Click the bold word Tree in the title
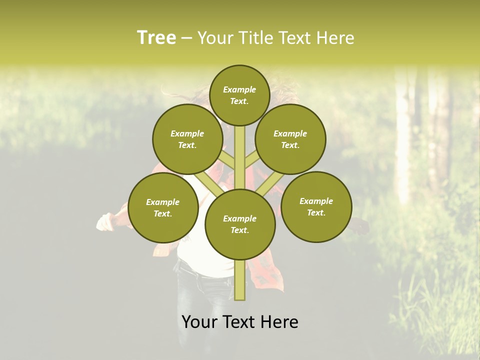click(x=156, y=38)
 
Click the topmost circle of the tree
click(x=239, y=95)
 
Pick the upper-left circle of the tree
click(x=187, y=139)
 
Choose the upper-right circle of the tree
click(x=290, y=139)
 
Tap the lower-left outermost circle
click(x=163, y=207)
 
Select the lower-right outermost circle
click(x=316, y=206)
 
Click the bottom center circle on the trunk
click(x=240, y=224)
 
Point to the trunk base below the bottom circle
click(x=240, y=280)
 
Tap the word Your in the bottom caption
click(x=199, y=322)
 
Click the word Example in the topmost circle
click(x=239, y=89)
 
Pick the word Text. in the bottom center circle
click(x=239, y=230)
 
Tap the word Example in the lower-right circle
click(x=316, y=201)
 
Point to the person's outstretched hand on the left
click(x=105, y=221)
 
